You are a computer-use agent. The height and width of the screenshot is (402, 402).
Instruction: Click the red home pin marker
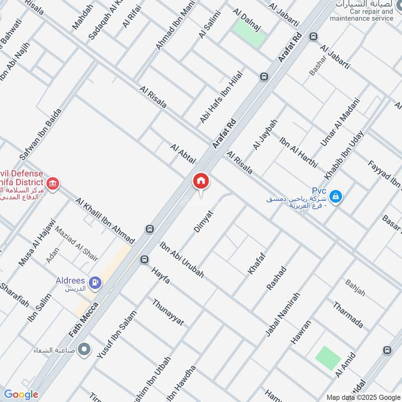pyautogui.click(x=200, y=182)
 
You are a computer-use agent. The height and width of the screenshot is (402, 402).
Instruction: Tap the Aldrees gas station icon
pyautogui.click(x=94, y=283)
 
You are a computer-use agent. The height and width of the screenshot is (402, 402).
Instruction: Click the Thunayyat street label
pyautogui.click(x=168, y=312)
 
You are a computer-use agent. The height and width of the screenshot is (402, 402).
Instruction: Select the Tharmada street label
pyautogui.click(x=348, y=315)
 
